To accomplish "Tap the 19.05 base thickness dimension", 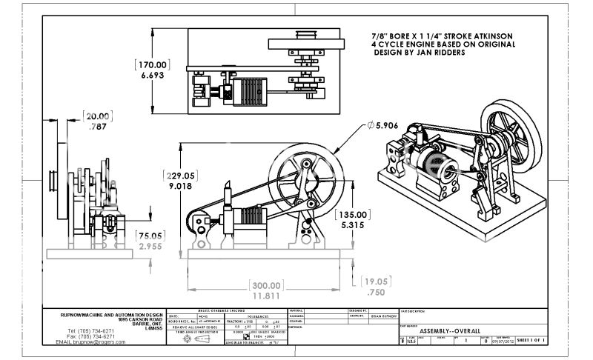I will (x=377, y=281).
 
